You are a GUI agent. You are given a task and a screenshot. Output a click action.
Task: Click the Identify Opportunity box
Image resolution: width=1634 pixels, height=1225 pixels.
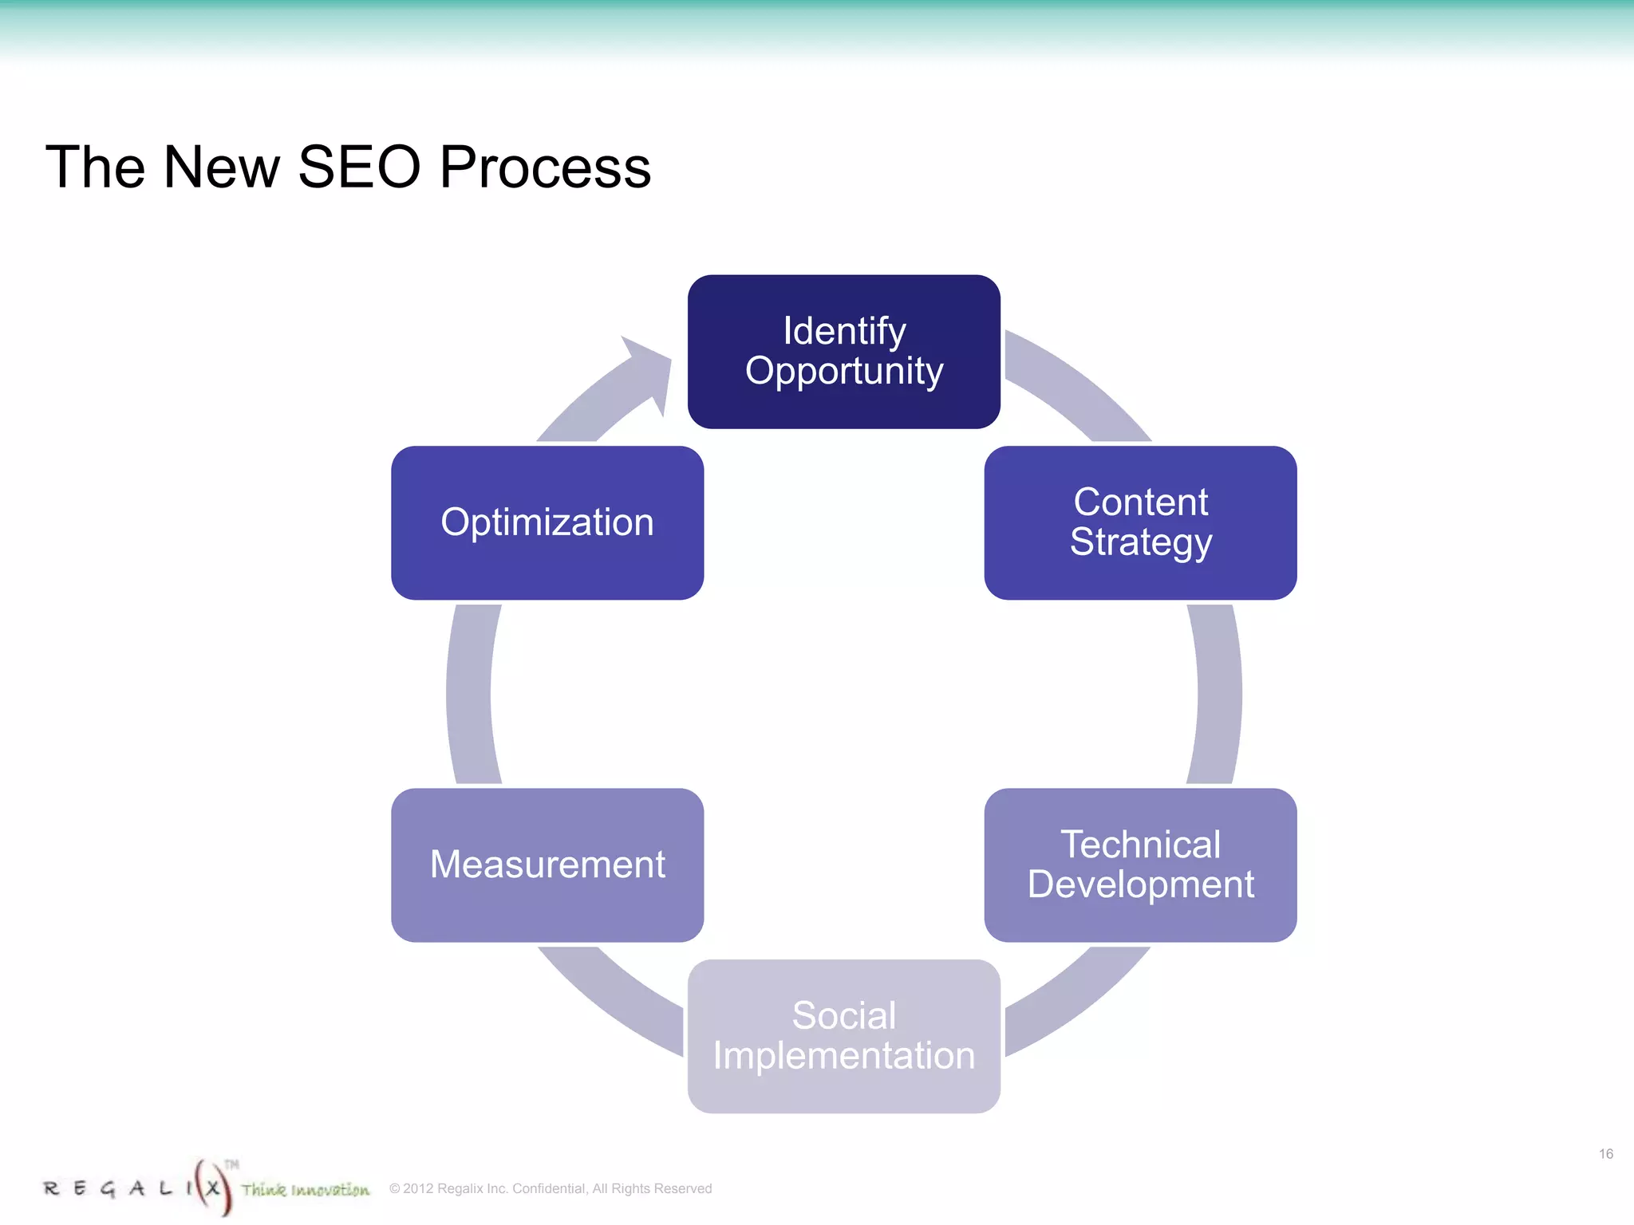click(x=843, y=352)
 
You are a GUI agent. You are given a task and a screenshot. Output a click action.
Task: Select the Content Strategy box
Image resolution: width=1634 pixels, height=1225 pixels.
click(x=1140, y=522)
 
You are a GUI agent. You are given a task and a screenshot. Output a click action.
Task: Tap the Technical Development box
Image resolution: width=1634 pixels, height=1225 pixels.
click(x=1140, y=865)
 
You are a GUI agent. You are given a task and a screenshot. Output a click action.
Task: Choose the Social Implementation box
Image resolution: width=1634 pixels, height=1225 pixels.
click(x=843, y=1036)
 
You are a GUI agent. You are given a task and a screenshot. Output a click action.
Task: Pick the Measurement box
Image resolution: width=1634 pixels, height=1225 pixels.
click(x=547, y=865)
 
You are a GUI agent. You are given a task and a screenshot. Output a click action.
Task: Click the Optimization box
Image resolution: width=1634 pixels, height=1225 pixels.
click(x=547, y=522)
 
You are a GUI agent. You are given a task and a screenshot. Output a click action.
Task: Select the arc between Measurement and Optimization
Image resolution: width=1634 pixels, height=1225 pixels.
click(x=470, y=694)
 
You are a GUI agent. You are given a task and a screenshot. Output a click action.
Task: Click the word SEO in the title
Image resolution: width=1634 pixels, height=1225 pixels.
click(x=359, y=167)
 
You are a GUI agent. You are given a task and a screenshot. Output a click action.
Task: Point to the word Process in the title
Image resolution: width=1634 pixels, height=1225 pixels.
click(x=545, y=167)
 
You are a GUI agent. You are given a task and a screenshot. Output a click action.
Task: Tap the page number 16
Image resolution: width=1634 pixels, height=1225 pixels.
click(x=1605, y=1154)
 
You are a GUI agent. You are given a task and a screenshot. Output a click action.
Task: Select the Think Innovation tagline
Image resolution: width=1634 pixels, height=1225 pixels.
click(x=306, y=1190)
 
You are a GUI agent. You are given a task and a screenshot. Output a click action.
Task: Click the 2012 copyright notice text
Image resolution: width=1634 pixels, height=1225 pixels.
click(x=551, y=1188)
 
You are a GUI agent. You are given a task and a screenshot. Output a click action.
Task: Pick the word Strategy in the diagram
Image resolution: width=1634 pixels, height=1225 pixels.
click(x=1141, y=543)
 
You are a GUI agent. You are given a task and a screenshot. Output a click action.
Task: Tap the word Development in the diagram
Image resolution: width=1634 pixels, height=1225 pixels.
click(x=1141, y=884)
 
